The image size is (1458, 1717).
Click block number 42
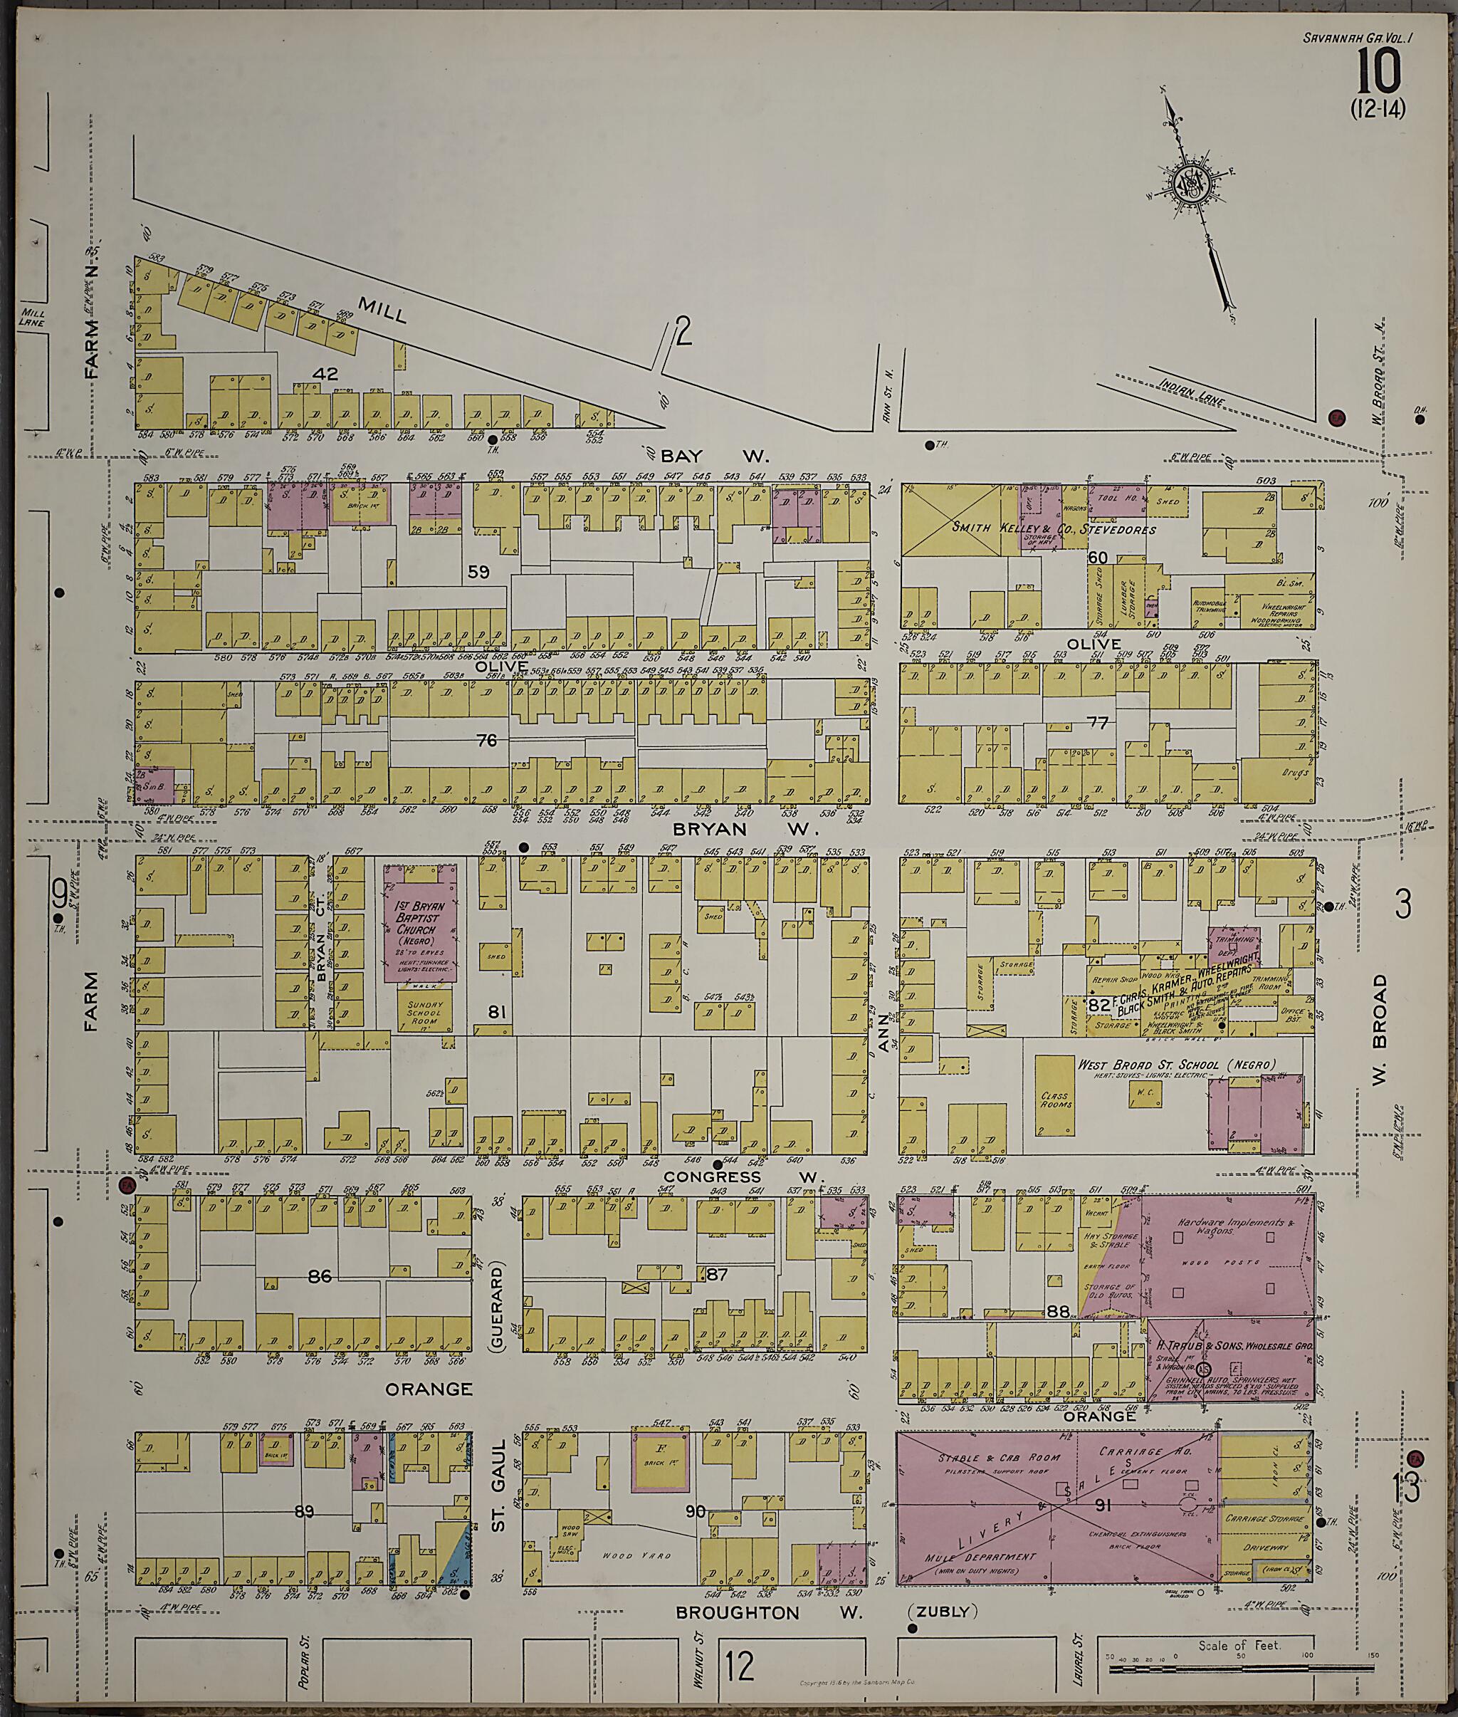click(x=325, y=374)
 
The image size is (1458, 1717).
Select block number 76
click(x=487, y=741)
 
